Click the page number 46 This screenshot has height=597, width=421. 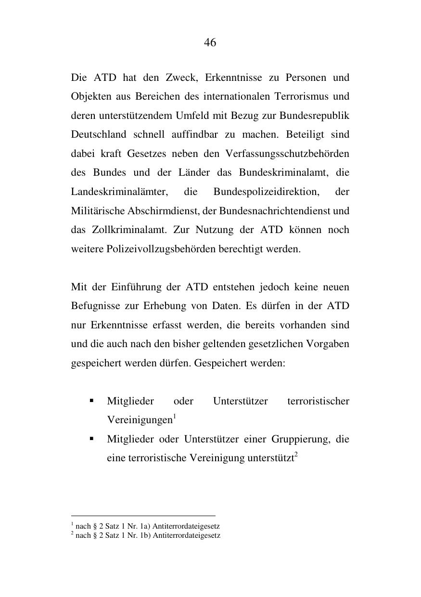[210, 42]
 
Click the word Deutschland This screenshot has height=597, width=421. [99, 134]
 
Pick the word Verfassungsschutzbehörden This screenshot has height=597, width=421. [287, 154]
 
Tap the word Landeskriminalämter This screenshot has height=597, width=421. [119, 192]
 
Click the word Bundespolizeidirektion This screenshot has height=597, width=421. [266, 192]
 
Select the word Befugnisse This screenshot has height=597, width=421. [95, 306]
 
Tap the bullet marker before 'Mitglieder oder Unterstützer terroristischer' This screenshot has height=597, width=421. [91, 401]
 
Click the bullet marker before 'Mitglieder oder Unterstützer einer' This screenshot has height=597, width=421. [91, 439]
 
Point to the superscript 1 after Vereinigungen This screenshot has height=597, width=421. [175, 417]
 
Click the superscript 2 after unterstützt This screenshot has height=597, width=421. [296, 455]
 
